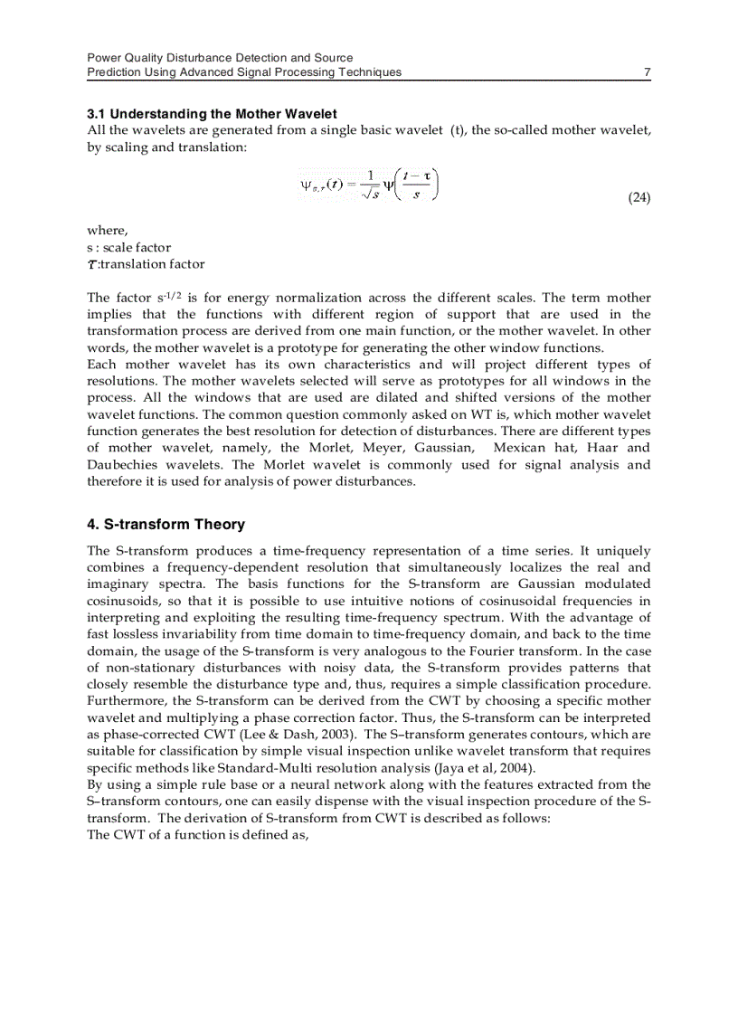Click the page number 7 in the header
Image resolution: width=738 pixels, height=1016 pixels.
coord(647,72)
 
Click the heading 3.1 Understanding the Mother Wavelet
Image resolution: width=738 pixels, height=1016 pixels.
coord(212,114)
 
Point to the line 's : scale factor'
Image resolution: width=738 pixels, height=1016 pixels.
coord(128,247)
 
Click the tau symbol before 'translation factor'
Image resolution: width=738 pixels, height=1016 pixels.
coord(91,264)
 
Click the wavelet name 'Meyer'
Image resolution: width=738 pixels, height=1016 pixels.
coord(384,448)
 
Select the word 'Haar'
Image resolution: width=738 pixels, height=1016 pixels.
coord(601,448)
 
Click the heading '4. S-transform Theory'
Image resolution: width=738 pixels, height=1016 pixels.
coord(166,525)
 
